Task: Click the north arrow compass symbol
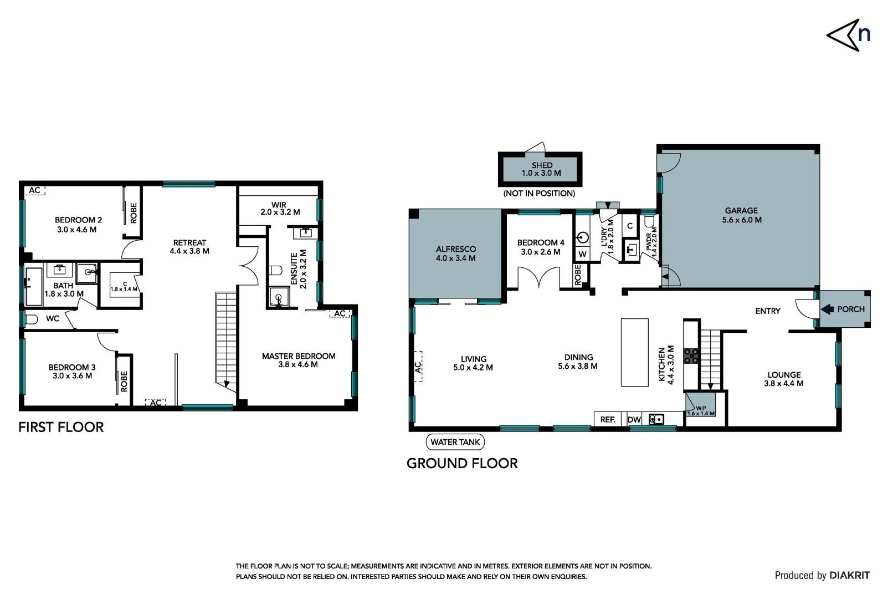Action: (848, 35)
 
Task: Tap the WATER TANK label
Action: (455, 442)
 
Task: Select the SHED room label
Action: (542, 165)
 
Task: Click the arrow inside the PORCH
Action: (827, 309)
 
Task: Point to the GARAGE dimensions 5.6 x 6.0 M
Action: (741, 220)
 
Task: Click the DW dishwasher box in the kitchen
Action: (634, 420)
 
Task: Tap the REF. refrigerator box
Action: (608, 420)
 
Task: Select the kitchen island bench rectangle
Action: (634, 352)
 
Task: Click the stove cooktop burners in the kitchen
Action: (691, 356)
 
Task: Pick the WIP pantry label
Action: (701, 408)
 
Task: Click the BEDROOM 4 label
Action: (540, 242)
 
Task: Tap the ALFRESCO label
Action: (455, 249)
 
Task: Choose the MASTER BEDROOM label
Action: (298, 356)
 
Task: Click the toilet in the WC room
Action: (32, 319)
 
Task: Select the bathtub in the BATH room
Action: (34, 286)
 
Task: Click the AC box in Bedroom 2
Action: (35, 190)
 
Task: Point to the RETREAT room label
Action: (189, 242)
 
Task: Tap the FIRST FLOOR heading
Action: (61, 427)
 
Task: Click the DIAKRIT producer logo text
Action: (849, 576)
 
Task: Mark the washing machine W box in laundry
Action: (582, 254)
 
